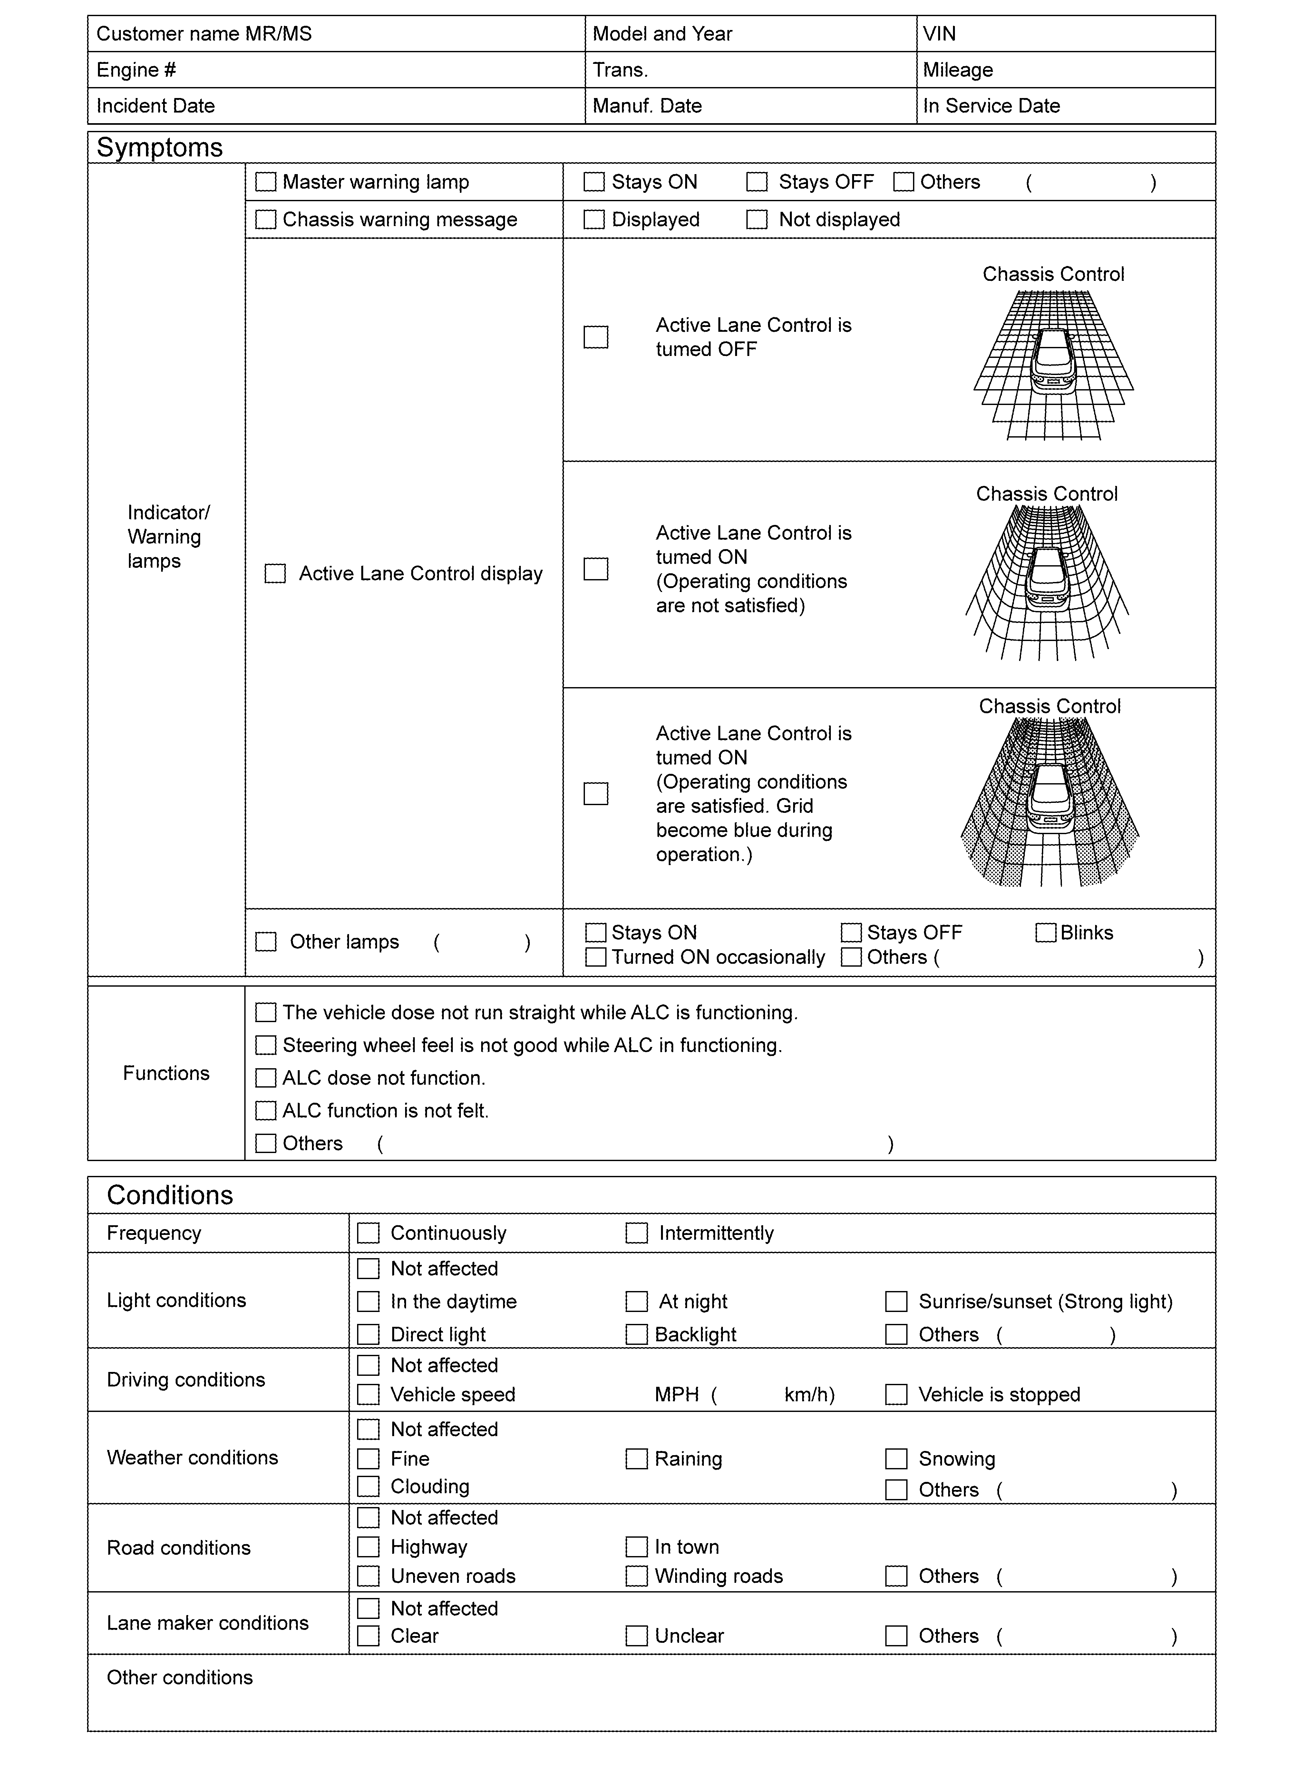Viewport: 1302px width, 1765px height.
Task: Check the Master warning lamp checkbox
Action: tap(266, 182)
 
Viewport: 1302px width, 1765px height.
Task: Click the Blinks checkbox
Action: tap(1045, 932)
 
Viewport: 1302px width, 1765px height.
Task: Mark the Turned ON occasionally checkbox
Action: tap(596, 957)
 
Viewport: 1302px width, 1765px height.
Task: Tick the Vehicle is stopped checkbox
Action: tap(896, 1395)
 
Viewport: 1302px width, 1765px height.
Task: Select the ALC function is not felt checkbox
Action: tap(266, 1111)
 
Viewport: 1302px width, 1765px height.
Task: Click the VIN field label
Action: tap(939, 34)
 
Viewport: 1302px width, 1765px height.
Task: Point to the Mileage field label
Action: tap(957, 70)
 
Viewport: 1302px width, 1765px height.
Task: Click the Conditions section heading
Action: tap(170, 1195)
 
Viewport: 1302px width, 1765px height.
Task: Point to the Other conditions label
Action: tap(180, 1678)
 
